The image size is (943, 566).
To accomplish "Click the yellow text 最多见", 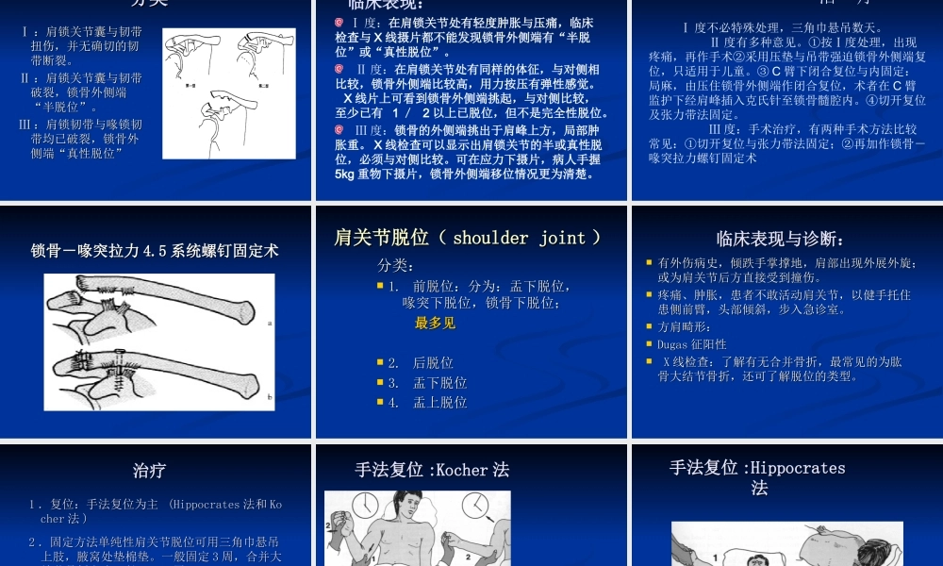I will point(435,324).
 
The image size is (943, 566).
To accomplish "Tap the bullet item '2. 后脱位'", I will point(421,363).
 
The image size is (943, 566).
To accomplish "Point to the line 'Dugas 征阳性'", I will point(692,344).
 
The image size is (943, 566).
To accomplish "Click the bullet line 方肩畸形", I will point(685,326).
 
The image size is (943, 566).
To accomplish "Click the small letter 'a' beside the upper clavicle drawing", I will point(270,323).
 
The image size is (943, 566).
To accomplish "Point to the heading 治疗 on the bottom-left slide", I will point(149,470).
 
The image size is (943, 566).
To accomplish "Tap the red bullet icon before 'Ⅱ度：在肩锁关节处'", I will point(339,70).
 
